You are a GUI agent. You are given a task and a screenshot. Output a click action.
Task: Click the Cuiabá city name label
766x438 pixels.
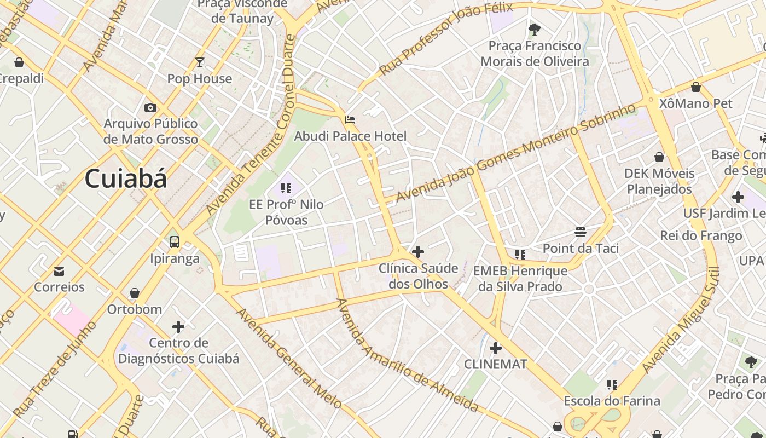[x=126, y=179]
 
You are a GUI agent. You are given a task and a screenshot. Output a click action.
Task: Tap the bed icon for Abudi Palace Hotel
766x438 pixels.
[x=350, y=119]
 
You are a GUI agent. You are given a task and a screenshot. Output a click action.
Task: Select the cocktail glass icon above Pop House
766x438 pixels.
[x=199, y=62]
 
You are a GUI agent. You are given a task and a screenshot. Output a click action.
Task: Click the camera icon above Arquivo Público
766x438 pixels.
[x=150, y=107]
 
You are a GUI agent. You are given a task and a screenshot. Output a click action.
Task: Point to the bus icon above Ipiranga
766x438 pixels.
[x=175, y=241]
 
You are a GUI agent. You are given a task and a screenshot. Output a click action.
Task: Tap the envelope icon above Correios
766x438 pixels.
[x=59, y=271]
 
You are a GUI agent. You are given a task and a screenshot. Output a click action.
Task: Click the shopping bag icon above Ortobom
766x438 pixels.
[x=135, y=293]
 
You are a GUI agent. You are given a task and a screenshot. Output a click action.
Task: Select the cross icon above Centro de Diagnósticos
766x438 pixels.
[x=178, y=327]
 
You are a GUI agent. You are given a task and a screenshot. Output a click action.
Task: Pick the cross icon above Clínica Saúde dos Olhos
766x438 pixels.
[x=418, y=252]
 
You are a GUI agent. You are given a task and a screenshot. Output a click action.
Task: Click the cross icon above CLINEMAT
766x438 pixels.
[x=496, y=348]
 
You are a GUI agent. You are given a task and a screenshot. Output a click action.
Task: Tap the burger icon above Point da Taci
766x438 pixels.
[x=581, y=232]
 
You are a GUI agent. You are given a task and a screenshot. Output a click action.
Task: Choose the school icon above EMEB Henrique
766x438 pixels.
[x=520, y=254]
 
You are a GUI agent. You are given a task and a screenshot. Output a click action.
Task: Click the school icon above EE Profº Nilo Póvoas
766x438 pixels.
[x=286, y=188]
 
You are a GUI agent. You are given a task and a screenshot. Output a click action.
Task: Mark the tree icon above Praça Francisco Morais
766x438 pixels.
[x=535, y=30]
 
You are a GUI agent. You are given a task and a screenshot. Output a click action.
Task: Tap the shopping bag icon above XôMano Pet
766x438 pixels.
[x=696, y=87]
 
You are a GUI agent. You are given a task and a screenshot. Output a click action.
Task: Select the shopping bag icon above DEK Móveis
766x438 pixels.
[x=659, y=157]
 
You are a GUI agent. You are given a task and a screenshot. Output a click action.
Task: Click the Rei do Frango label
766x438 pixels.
[x=701, y=235]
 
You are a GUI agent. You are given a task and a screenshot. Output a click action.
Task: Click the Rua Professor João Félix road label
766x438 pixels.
[x=445, y=38]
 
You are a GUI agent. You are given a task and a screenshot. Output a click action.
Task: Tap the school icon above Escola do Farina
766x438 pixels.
[x=612, y=385]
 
